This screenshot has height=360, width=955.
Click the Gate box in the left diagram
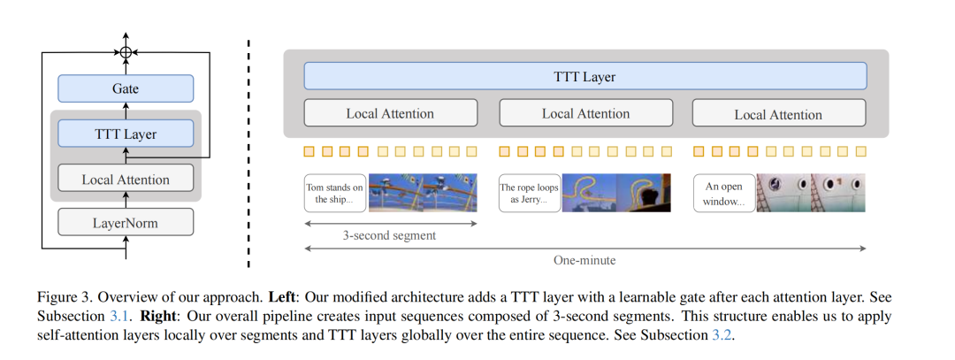(126, 88)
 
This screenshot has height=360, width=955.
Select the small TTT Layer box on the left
(126, 134)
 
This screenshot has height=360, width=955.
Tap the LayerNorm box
(126, 222)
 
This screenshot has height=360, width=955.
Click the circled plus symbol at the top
(126, 53)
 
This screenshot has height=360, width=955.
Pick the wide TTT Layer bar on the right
(584, 76)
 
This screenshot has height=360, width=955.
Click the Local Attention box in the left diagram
(126, 179)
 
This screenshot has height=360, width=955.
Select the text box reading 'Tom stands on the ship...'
(334, 194)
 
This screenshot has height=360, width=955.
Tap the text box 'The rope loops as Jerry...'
(530, 194)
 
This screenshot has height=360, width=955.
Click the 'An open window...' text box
(724, 194)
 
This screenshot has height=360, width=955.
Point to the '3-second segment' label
(389, 236)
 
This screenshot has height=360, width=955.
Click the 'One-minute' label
(584, 261)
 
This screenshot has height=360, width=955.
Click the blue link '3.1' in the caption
(126, 316)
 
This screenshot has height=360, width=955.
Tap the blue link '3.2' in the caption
(724, 337)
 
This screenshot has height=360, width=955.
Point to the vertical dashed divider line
(248, 150)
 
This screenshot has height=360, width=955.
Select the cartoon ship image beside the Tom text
(423, 193)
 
